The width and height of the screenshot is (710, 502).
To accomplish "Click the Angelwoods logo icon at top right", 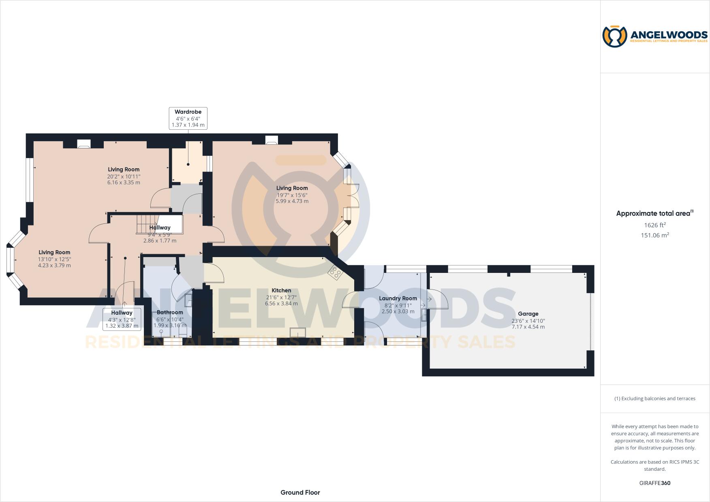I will pos(615,36).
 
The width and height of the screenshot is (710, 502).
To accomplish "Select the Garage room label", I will pos(528,313).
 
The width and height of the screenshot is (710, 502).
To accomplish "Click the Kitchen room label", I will pos(281,290).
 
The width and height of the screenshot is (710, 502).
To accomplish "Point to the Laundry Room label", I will pos(398,298).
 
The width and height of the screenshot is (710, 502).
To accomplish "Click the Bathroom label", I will pos(170,312).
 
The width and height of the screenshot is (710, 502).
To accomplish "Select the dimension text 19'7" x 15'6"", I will pos(292,195).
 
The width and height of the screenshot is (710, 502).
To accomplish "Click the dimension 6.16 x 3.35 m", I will pos(124,182).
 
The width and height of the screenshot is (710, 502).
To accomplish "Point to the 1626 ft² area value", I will pos(655,225).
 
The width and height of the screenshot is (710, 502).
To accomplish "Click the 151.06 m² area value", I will pos(655,235).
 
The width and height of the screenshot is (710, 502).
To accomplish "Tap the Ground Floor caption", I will pos(300,492).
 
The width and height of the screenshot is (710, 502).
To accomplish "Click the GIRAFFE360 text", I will pos(655,483).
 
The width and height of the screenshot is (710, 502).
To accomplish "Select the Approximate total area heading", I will pos(654,213).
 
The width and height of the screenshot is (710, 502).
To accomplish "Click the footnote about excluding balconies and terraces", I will pos(655,399).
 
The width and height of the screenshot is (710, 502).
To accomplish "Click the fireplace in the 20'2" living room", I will pos(83,144).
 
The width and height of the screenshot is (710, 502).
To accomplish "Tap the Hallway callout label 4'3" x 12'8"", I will pos(122,319).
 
